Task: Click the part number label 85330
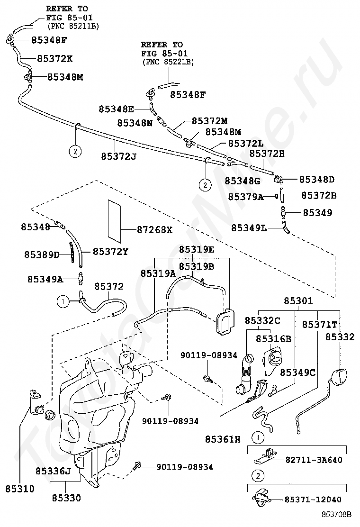point(66,498)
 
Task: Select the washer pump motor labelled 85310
point(36,401)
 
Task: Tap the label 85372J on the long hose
point(119,156)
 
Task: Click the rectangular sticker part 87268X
point(114,221)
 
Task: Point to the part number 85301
point(298,300)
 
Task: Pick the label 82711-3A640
point(314,459)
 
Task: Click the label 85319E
point(197,249)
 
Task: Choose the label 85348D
point(317,180)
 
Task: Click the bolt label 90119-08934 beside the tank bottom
point(185,467)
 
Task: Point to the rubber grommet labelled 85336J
point(50,416)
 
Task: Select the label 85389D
point(42,254)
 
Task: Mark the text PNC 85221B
point(168,62)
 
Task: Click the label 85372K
point(55,58)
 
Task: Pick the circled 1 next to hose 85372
point(63,302)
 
